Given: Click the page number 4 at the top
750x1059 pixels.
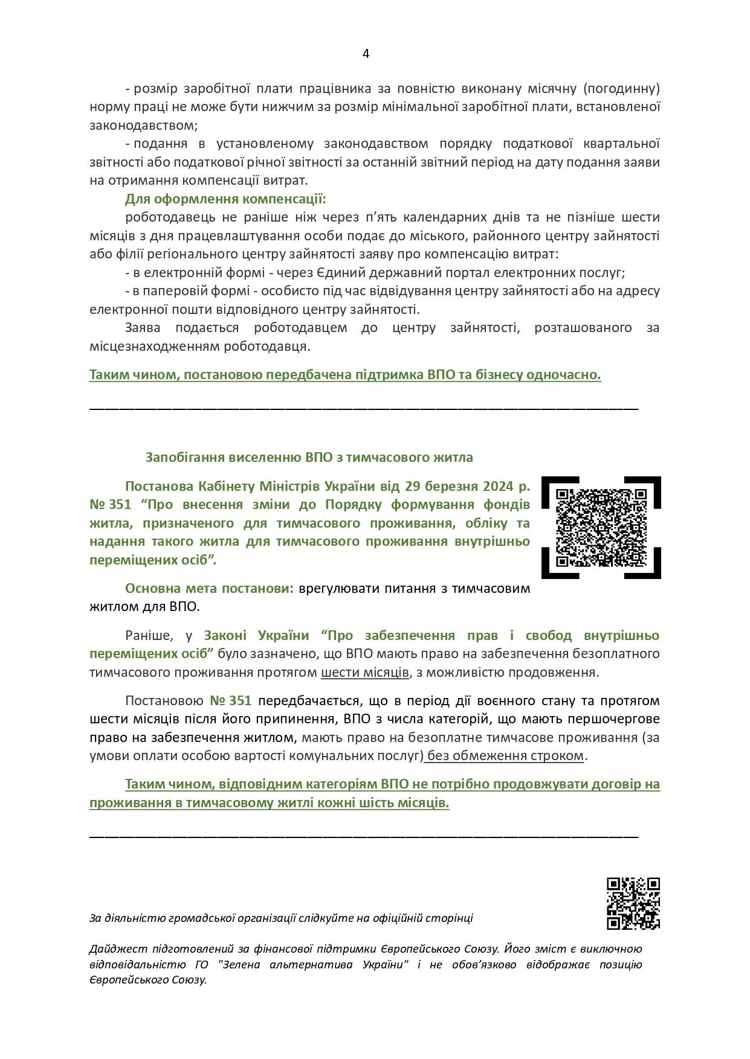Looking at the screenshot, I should pyautogui.click(x=366, y=54).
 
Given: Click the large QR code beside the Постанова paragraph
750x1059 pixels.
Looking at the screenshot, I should pyautogui.click(x=601, y=528).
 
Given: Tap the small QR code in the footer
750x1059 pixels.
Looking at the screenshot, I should pyautogui.click(x=633, y=903).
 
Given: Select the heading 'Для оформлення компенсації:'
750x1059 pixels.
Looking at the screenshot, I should pyautogui.click(x=225, y=199).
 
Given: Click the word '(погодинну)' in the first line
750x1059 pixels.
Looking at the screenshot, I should pyautogui.click(x=621, y=89).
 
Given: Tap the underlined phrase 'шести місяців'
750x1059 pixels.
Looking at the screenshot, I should pyautogui.click(x=364, y=672).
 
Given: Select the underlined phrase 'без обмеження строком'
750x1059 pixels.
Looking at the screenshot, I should pyautogui.click(x=505, y=755).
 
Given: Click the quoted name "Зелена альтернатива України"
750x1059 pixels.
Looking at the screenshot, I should pyautogui.click(x=312, y=964).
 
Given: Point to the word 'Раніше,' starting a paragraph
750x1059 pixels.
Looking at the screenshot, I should pyautogui.click(x=149, y=635).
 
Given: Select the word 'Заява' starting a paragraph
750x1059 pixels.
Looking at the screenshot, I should pyautogui.click(x=143, y=328).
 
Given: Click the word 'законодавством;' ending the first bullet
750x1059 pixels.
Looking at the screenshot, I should pyautogui.click(x=143, y=125).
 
